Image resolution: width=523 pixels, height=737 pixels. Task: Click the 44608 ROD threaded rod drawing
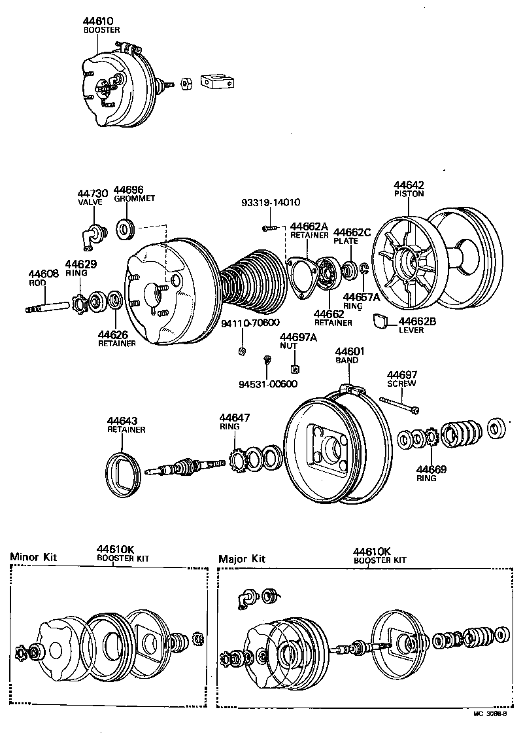coord(48,306)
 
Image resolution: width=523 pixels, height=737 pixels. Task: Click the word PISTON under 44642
coord(409,194)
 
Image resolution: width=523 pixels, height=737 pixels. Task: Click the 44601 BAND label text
coord(350,355)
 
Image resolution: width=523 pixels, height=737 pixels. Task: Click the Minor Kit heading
coord(33,557)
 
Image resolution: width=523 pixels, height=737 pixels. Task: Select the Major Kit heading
coord(242,559)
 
